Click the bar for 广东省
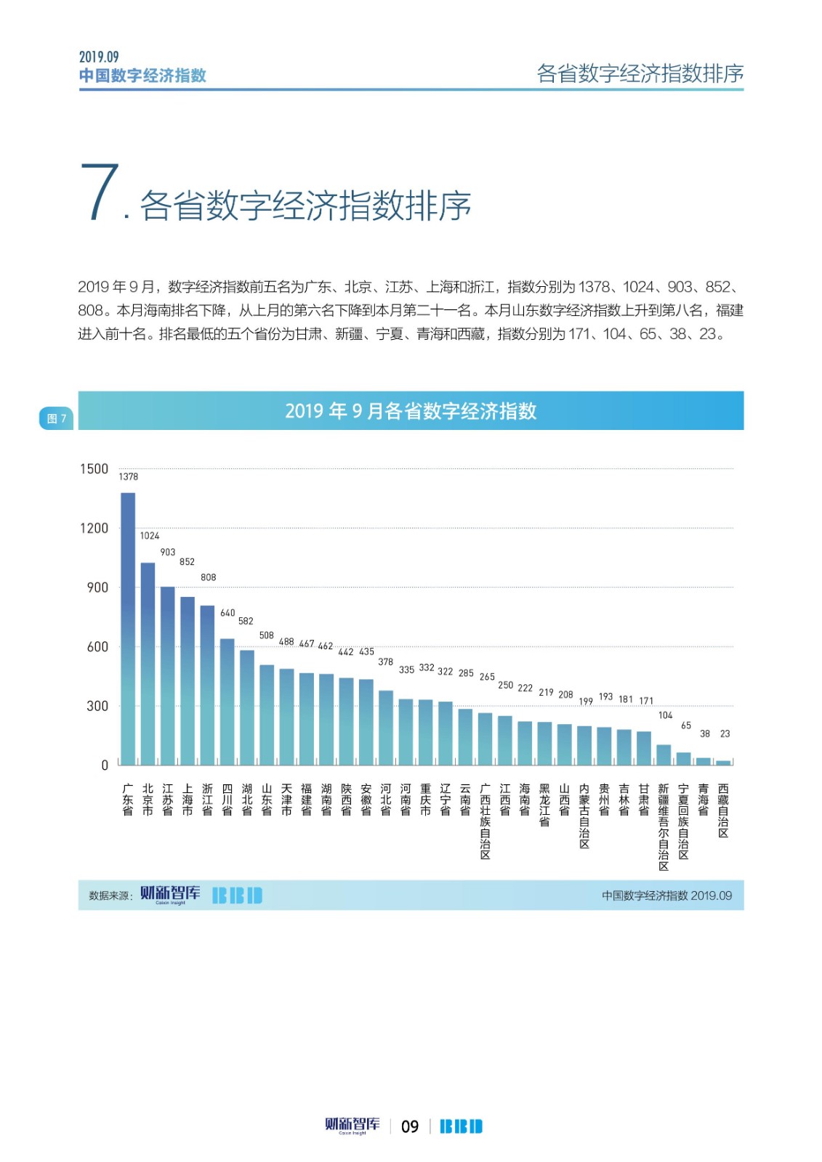click(x=128, y=629)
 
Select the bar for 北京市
click(x=148, y=664)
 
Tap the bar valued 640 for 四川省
click(x=227, y=702)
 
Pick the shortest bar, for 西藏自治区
click(x=723, y=763)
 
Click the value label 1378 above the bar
click(x=129, y=477)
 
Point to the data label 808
click(x=209, y=577)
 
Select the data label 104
click(x=666, y=715)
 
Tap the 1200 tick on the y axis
click(x=94, y=528)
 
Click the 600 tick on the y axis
click(x=97, y=646)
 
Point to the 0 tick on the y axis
click(x=105, y=765)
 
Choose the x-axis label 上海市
click(x=188, y=800)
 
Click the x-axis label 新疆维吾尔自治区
click(x=664, y=827)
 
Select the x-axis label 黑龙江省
click(x=544, y=805)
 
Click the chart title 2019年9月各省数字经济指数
click(x=411, y=411)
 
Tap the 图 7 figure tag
click(x=56, y=418)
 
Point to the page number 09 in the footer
click(x=410, y=1126)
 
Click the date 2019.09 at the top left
click(x=99, y=57)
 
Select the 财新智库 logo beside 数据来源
click(x=170, y=894)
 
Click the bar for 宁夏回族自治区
click(x=684, y=758)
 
